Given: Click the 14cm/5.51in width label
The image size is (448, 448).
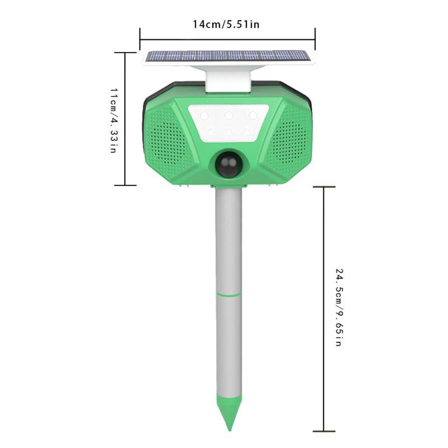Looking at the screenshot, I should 226,24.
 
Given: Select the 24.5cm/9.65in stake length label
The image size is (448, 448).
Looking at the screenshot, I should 339,307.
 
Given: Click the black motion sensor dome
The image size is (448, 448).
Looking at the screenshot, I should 228,165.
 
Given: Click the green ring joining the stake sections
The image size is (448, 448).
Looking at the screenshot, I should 228,294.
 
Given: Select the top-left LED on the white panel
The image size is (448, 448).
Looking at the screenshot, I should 204,116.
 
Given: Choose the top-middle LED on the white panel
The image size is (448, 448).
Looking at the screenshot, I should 228,116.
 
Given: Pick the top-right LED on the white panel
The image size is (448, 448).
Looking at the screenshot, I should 253,116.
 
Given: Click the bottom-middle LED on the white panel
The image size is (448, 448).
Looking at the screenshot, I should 228,132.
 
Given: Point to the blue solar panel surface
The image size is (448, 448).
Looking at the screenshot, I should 228,56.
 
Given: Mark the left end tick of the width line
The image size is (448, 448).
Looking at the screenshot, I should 140,39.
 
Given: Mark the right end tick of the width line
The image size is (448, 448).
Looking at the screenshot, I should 315,39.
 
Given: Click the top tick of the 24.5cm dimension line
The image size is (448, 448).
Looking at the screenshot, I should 324,187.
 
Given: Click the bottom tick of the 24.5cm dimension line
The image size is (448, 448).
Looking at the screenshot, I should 324,431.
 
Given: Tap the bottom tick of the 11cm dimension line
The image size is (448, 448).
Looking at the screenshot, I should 125,185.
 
